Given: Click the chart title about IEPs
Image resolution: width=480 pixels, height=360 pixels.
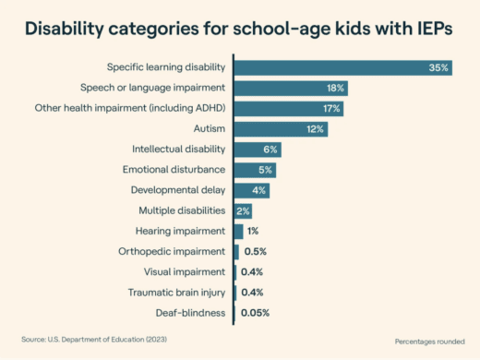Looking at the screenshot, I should click(x=239, y=28).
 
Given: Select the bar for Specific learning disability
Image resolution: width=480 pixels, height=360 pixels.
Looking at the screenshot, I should click(x=342, y=67).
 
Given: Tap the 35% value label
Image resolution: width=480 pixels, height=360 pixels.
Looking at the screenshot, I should click(x=438, y=67).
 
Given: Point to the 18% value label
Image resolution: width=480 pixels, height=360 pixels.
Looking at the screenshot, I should click(x=335, y=88).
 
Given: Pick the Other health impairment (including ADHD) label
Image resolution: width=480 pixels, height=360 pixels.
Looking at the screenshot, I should click(x=150, y=108).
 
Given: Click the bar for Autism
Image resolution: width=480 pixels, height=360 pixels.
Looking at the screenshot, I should click(x=281, y=128).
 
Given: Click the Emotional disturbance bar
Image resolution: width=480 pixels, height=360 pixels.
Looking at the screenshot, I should click(x=255, y=170).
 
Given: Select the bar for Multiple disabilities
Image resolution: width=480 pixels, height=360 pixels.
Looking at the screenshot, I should click(x=243, y=210).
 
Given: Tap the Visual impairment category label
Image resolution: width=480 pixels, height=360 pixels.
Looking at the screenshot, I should click(x=185, y=271).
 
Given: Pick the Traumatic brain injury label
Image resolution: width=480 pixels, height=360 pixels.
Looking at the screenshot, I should click(x=179, y=293).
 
